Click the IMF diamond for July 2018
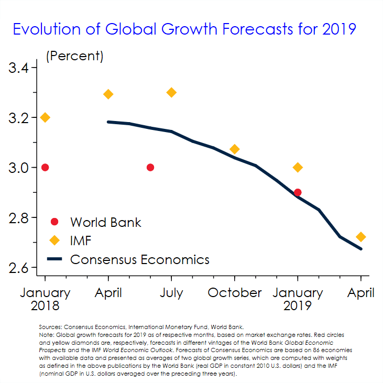[171, 92]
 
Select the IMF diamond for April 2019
[360, 237]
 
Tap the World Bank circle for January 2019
[298, 192]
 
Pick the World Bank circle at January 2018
[45, 167]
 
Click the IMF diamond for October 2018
[235, 149]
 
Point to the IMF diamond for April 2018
[108, 94]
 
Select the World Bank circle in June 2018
[150, 167]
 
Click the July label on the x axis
[171, 292]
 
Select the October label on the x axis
[235, 292]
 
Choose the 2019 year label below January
[298, 305]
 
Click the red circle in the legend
[54, 222]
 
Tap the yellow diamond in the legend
[54, 240]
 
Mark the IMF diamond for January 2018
[45, 117]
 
